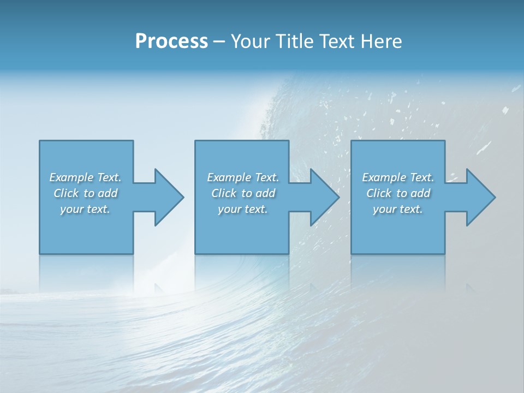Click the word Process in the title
coord(171,41)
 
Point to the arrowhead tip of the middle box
coord(338,197)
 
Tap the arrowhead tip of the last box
coord(495,197)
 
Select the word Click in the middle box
coord(224,193)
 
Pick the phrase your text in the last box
coord(398,209)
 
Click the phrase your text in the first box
coord(85,209)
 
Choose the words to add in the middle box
coord(258,193)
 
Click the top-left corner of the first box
coord(40,141)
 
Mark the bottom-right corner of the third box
coord(444,253)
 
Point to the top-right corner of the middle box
coord(289,141)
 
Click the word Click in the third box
coord(379,193)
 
